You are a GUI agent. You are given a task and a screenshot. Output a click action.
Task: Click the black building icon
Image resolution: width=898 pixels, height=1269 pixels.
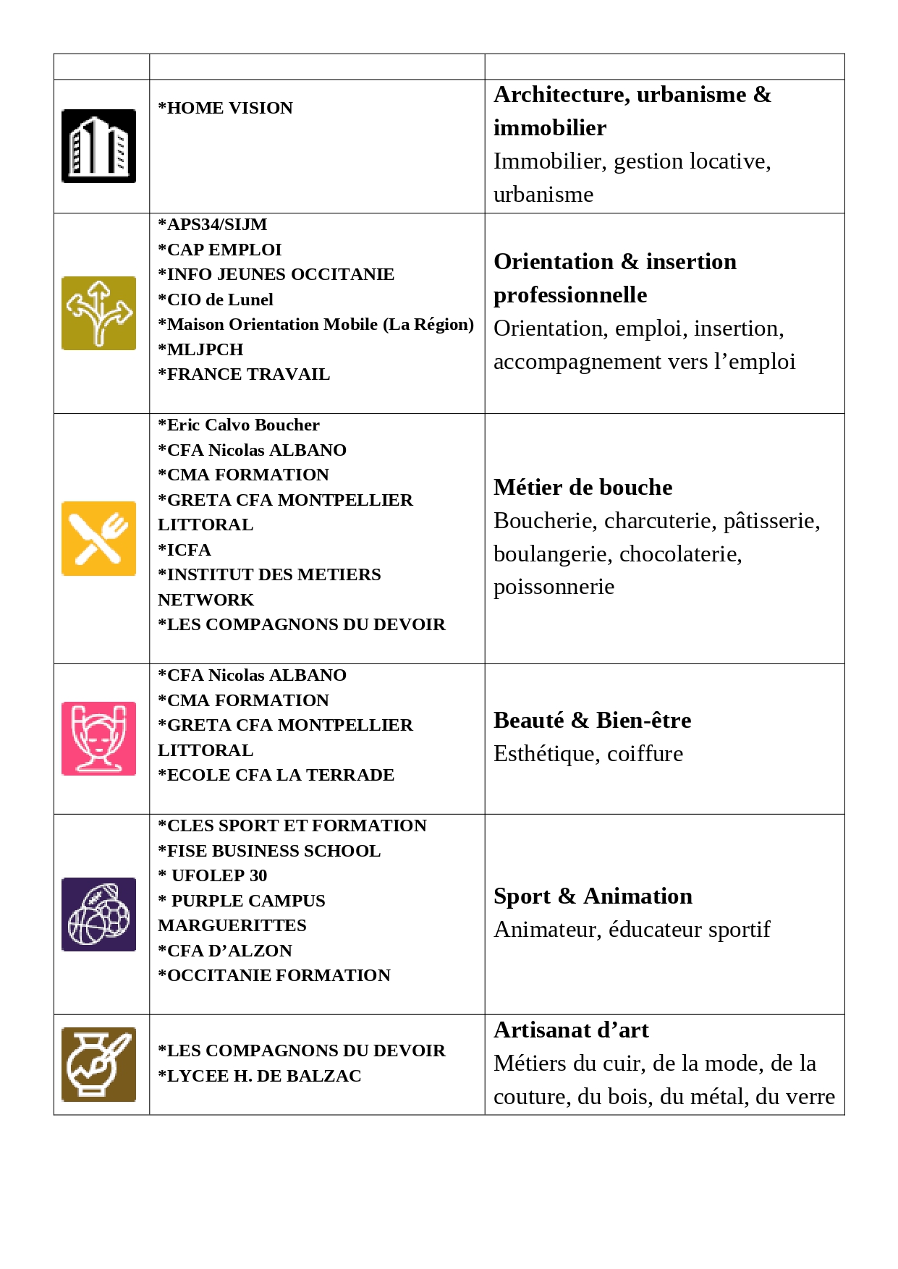[x=98, y=146]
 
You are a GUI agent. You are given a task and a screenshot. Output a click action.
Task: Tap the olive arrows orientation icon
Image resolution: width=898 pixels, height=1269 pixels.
[x=98, y=313]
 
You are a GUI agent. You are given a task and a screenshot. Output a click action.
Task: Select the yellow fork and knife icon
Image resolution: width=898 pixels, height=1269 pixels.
[x=98, y=538]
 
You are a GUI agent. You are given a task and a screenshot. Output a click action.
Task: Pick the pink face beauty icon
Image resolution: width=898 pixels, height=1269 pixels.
[x=98, y=739]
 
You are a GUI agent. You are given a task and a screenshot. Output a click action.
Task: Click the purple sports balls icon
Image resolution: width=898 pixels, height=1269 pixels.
[x=98, y=914]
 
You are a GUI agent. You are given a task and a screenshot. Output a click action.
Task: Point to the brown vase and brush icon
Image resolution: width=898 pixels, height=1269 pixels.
[x=98, y=1064]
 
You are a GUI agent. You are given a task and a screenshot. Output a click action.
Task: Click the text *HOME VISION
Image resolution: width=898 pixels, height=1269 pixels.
[x=226, y=108]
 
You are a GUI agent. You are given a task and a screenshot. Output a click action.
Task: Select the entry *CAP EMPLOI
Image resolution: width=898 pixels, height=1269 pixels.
[x=220, y=250]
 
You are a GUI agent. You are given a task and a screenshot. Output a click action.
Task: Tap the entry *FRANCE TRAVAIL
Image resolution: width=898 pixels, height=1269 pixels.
[x=244, y=374]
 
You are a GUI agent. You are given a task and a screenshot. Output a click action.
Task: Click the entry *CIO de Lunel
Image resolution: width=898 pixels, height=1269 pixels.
[x=216, y=300]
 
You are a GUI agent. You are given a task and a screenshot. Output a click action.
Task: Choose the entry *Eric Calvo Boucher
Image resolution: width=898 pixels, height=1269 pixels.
[x=239, y=425]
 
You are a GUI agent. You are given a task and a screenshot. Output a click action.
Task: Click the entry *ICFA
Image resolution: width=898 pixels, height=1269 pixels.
[x=185, y=550]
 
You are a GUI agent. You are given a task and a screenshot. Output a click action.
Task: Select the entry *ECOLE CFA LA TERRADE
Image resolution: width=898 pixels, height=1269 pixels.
[x=276, y=775]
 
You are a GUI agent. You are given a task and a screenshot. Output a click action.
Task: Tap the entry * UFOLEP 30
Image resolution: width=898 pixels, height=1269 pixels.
[x=213, y=875]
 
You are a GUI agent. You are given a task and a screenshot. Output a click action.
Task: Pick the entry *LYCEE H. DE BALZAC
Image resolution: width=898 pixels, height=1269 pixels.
[x=260, y=1076]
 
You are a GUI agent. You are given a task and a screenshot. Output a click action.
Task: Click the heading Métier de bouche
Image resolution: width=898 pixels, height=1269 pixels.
[x=583, y=488]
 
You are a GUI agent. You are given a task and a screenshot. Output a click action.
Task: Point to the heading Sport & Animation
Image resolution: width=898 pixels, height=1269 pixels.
[x=593, y=896]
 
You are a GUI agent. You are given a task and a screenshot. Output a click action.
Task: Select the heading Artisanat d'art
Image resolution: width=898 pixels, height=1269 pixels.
[x=571, y=1030]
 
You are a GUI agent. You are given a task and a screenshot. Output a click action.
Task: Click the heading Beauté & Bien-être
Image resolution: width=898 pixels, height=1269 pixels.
[x=592, y=721]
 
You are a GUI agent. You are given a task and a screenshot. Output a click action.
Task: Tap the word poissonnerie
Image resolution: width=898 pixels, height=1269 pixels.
[x=554, y=587]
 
